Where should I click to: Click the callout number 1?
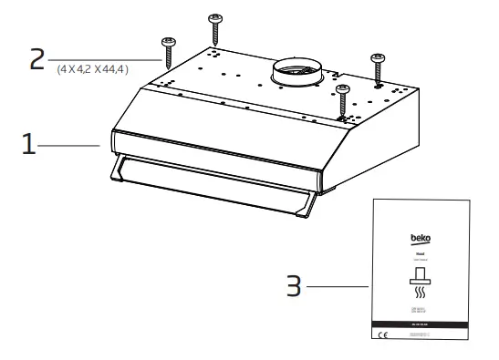[30, 146]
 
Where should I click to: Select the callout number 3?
[292, 286]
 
